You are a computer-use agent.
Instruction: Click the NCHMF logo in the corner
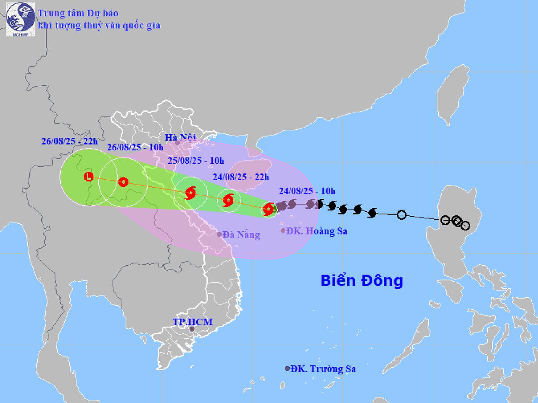21,19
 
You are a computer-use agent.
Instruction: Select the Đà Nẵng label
241,235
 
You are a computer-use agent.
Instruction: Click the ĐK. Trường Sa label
323,369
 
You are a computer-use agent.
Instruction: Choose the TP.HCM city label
193,322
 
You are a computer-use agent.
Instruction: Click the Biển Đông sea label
361,280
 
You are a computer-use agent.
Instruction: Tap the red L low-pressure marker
88,177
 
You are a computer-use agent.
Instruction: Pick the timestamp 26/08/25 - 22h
69,141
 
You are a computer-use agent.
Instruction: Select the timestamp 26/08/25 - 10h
135,147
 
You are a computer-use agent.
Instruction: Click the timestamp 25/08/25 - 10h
196,161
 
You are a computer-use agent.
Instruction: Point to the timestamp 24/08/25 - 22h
241,177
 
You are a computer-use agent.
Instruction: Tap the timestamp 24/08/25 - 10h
307,191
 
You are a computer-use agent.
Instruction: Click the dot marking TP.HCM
192,329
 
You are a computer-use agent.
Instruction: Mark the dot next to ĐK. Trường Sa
287,369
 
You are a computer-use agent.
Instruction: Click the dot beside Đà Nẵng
219,234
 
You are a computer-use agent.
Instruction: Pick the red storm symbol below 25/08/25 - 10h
190,193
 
